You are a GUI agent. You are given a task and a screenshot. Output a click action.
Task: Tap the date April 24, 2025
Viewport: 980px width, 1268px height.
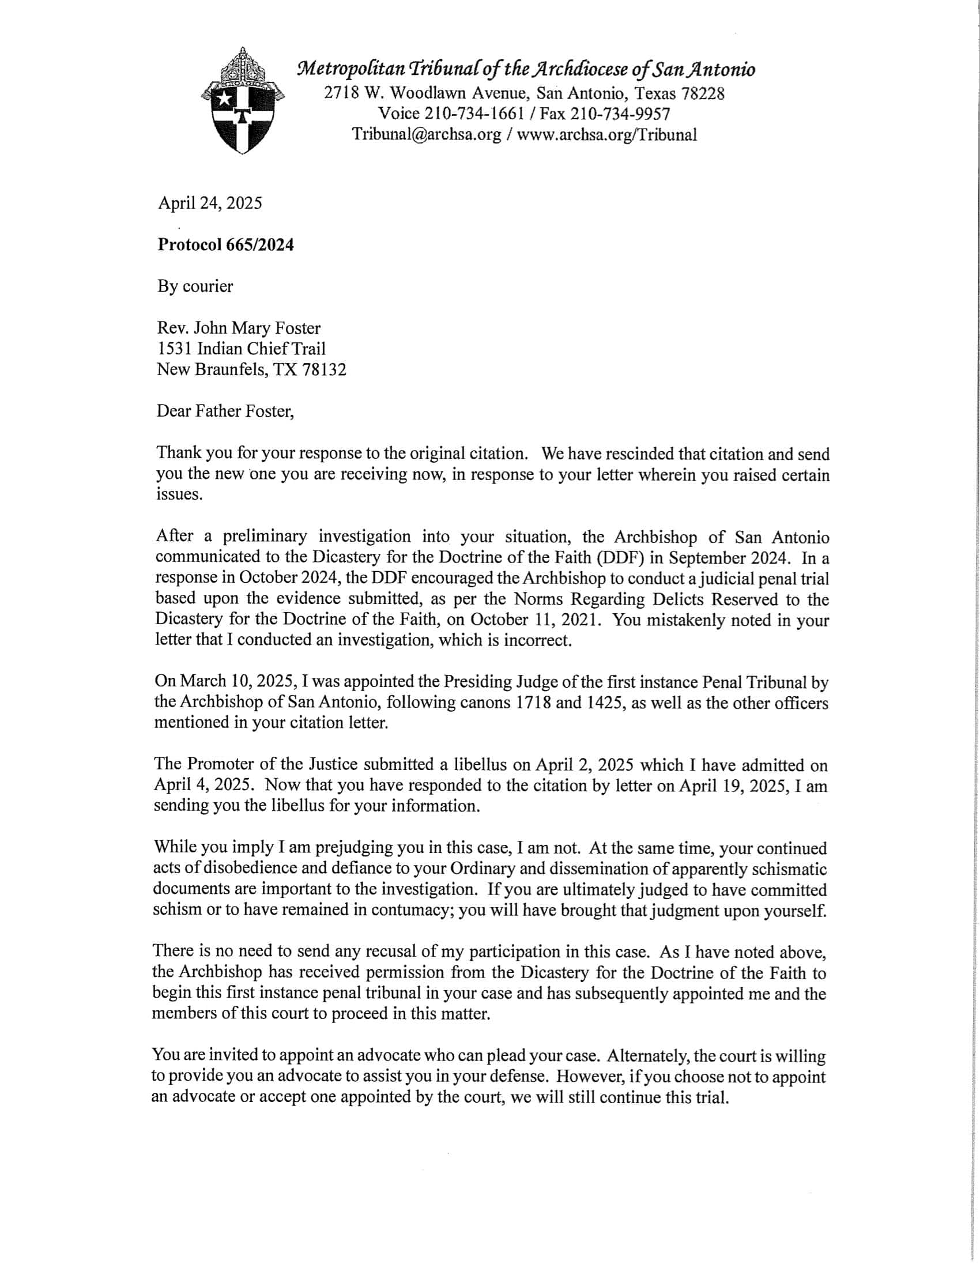pos(210,203)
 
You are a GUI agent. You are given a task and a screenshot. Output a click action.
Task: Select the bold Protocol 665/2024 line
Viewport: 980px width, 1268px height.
pos(225,244)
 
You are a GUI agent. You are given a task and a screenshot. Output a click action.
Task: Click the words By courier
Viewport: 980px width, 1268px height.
pos(195,286)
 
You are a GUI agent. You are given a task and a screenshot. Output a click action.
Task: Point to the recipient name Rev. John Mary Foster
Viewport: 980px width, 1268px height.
pos(239,328)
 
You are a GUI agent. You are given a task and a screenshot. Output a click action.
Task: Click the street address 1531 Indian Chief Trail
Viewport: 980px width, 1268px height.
pos(241,348)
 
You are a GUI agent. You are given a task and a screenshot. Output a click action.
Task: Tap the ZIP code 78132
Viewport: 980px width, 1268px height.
pos(324,369)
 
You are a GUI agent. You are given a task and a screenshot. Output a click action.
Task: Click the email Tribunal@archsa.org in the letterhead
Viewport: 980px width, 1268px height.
pos(427,135)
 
